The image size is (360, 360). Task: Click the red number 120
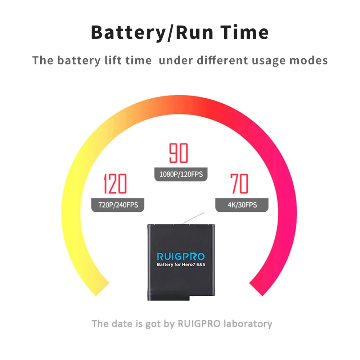click(115, 184)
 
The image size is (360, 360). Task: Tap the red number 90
click(179, 153)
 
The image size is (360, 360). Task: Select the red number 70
click(239, 184)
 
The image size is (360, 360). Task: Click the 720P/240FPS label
click(118, 205)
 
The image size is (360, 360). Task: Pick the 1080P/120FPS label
click(181, 175)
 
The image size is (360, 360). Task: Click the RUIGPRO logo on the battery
click(181, 257)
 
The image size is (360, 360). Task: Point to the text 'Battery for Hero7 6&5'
click(181, 265)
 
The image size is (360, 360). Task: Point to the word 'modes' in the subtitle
click(309, 60)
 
